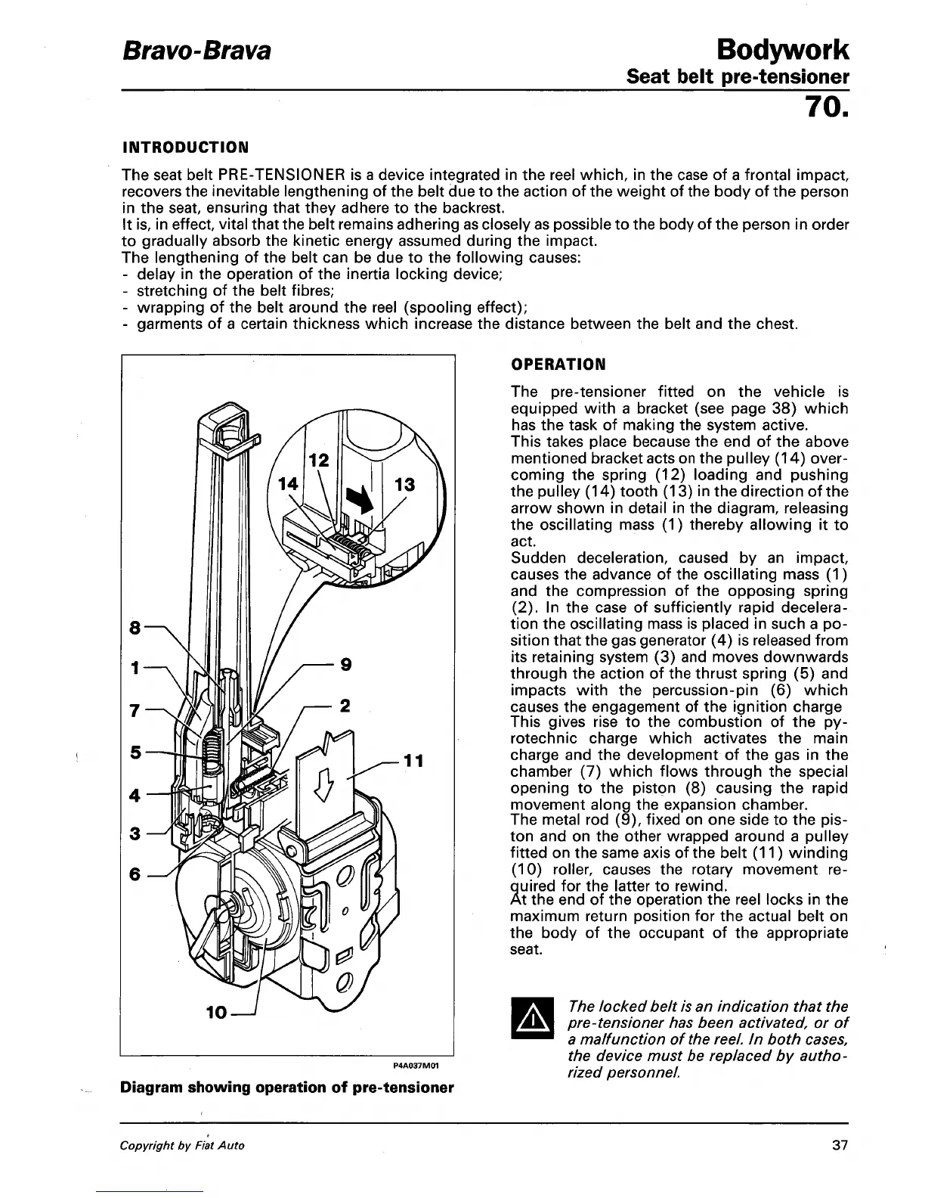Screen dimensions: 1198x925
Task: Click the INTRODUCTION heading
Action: click(x=185, y=145)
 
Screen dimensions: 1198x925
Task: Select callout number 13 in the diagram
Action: click(x=405, y=485)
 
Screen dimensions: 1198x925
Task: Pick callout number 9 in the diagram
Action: click(x=345, y=665)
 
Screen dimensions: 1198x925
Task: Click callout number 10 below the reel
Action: click(x=216, y=1011)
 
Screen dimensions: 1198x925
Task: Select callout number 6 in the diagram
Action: click(x=135, y=874)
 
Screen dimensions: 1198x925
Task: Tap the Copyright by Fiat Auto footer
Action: click(x=182, y=1145)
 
